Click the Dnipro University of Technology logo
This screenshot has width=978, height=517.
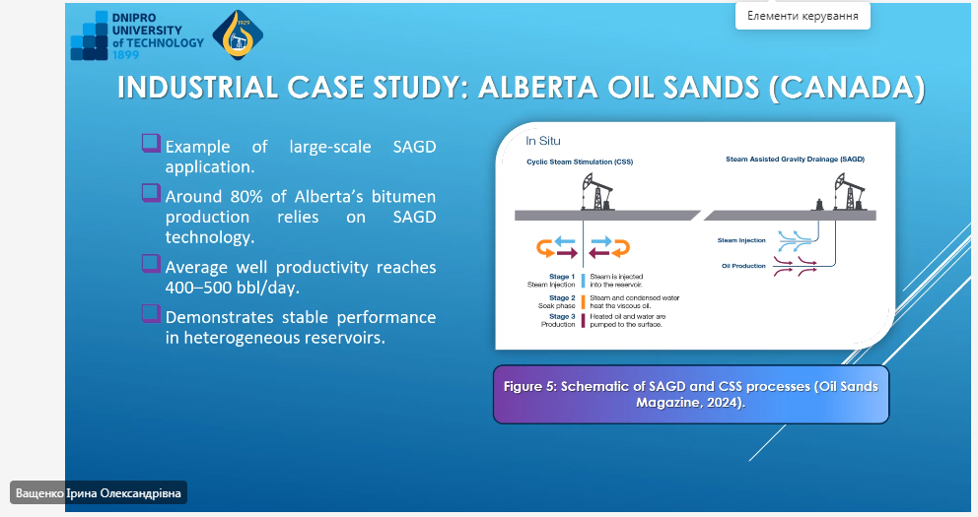(137, 35)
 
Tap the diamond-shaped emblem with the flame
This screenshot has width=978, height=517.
(238, 34)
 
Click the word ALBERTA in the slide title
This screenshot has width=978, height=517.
(537, 88)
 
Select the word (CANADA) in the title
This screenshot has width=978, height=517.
(847, 88)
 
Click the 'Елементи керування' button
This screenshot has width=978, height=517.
(803, 16)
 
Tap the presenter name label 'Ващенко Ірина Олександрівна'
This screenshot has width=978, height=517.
(98, 493)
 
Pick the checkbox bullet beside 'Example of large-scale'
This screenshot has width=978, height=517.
(151, 143)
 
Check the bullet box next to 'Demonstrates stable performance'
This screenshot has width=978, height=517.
(151, 313)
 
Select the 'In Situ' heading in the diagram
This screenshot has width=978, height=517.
(542, 141)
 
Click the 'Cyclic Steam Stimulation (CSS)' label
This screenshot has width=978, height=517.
(580, 162)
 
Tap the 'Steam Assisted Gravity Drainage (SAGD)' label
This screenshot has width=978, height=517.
(795, 160)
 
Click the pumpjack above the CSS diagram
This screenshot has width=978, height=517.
(596, 192)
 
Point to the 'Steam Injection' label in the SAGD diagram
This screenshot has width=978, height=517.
(741, 240)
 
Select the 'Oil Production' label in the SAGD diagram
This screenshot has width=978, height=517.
(743, 266)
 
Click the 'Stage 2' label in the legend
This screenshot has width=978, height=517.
(562, 297)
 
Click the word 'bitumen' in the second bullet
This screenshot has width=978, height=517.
(403, 197)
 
